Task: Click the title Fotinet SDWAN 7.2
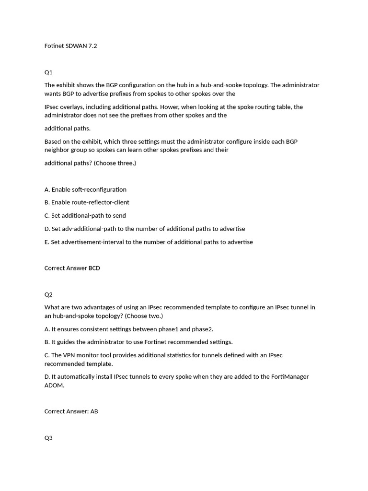[x=70, y=46]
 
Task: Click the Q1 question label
[x=48, y=72]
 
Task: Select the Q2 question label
[x=48, y=294]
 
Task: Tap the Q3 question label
[x=48, y=438]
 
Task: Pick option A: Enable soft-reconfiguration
[x=85, y=189]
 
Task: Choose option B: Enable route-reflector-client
[x=87, y=202]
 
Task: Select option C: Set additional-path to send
[x=85, y=216]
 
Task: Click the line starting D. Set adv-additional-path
[x=145, y=229]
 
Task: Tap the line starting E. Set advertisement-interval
[x=149, y=242]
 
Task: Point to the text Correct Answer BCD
[x=72, y=268]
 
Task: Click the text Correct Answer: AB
[x=71, y=411]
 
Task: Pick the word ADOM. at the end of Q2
[x=54, y=386]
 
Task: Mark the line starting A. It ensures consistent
[x=129, y=329]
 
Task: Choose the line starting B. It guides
[x=138, y=342]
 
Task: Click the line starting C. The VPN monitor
[x=163, y=355]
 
